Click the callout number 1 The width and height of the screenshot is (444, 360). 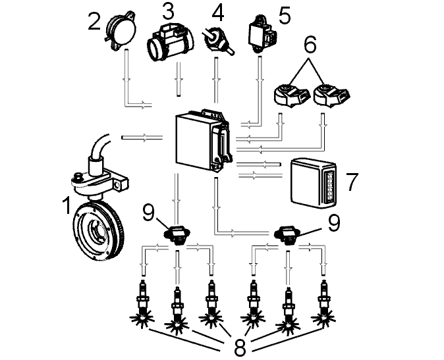point(67,206)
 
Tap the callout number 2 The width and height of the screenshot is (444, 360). point(94,22)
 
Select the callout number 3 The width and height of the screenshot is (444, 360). point(168,11)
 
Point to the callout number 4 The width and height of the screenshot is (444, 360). point(217,13)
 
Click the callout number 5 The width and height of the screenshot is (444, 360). point(285,16)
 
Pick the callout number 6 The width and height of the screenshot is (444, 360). point(310,45)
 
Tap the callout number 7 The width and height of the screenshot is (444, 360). point(352,182)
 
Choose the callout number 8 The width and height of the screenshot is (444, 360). point(240,347)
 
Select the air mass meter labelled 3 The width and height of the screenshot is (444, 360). point(171,42)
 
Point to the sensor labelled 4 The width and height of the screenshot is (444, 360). point(217,41)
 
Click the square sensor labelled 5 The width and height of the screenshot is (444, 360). point(261,34)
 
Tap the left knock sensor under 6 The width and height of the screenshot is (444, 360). point(291,95)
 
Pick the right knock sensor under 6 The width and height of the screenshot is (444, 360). point(331,95)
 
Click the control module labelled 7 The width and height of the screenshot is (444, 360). point(314,183)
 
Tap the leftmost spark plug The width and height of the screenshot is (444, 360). point(142,303)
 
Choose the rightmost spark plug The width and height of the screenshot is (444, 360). point(323,303)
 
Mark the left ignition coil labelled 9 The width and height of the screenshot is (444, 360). point(177,234)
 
